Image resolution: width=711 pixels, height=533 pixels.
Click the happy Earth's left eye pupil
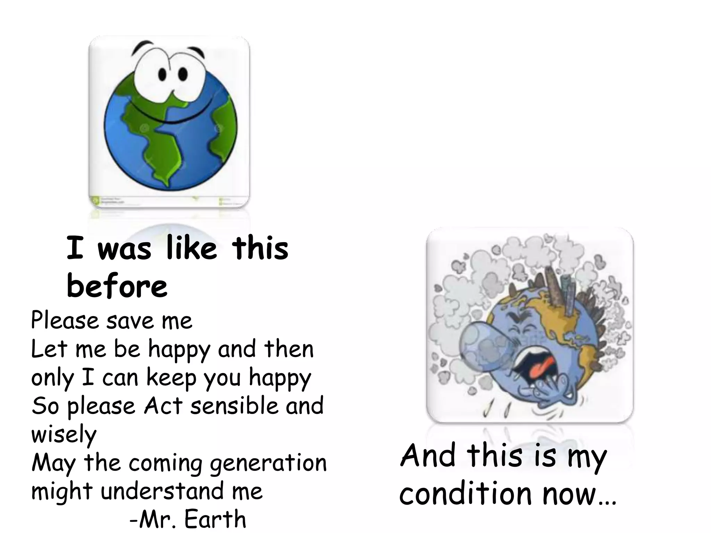click(x=162, y=74)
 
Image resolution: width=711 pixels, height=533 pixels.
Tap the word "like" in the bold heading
click(x=191, y=248)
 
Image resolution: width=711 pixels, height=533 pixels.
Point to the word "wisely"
click(x=64, y=434)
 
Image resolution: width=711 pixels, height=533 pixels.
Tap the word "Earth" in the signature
click(x=215, y=519)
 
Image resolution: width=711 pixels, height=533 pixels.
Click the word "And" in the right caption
click(x=428, y=455)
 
